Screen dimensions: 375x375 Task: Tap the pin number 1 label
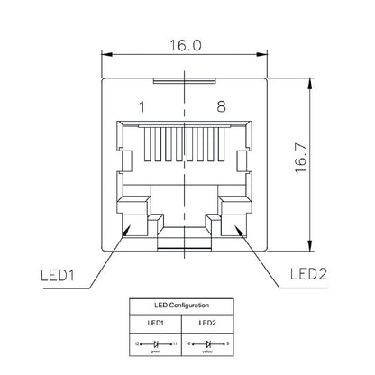142,106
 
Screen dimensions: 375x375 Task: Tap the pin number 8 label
221,106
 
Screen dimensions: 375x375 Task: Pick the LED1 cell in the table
155,323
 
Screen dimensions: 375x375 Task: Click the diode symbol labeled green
155,344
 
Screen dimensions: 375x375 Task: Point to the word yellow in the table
206,352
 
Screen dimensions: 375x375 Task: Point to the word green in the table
155,352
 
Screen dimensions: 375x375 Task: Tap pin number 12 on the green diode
138,344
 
